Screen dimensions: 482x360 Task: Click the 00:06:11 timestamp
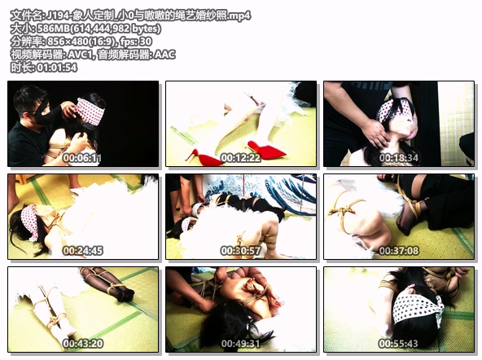tap(82, 158)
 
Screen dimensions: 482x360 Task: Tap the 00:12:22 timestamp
tap(240, 158)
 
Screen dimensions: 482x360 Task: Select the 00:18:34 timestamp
tap(398, 158)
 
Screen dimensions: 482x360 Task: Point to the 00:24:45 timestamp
tap(82, 251)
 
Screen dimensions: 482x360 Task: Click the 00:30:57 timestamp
tap(240, 251)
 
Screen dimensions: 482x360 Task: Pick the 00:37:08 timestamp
tap(398, 251)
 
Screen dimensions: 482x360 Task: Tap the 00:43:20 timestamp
tap(82, 344)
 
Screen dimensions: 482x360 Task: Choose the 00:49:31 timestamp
tap(240, 344)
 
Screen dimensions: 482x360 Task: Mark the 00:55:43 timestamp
tap(398, 344)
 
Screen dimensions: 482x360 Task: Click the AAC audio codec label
tap(164, 55)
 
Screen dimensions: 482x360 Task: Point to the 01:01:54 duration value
tap(56, 68)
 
